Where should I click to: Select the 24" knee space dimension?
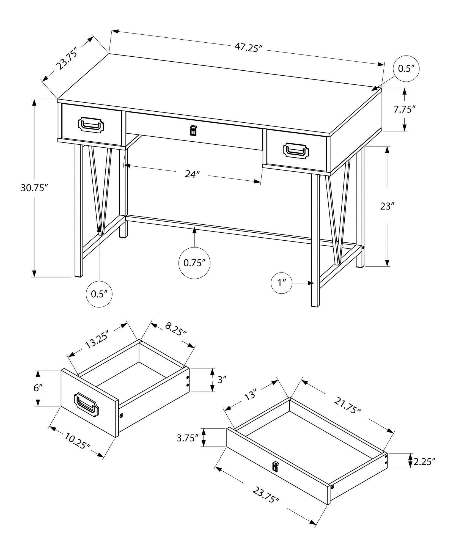192,174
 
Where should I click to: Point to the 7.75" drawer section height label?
404,109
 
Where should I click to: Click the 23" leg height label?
387,206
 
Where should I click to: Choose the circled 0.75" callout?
194,263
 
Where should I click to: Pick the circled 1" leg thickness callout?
282,283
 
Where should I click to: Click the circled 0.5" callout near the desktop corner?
406,69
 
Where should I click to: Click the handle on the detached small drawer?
86,404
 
